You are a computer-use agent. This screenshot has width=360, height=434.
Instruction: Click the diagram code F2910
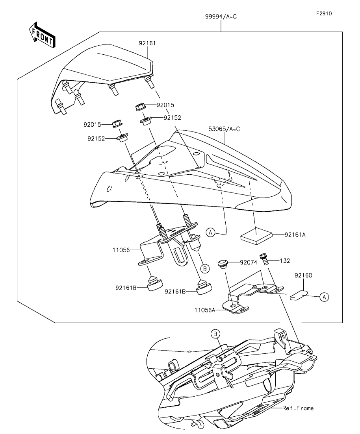[x=324, y=13]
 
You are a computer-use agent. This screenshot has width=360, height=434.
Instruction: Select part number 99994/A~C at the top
[x=221, y=17]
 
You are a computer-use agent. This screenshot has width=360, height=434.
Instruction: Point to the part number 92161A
[x=295, y=235]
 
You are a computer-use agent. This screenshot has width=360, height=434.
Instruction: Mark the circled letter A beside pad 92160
[x=324, y=297]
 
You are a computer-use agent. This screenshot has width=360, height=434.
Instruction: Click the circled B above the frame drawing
[x=215, y=334]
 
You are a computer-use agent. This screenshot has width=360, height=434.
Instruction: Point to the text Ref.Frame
[x=298, y=408]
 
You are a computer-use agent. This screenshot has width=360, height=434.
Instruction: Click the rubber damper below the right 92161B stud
[x=204, y=288]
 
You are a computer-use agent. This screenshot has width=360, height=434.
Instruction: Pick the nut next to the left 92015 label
[x=116, y=124]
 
